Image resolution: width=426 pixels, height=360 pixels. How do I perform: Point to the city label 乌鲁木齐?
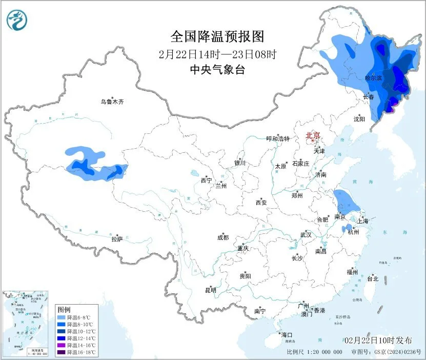[x=112, y=102]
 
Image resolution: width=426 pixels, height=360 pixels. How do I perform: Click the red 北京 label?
[x=313, y=135]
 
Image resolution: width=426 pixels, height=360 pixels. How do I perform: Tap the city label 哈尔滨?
[x=373, y=78]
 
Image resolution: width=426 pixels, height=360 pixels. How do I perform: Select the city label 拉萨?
[x=117, y=239]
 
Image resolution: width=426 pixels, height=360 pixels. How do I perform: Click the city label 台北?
[x=372, y=279]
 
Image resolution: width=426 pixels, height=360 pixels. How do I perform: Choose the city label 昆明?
[x=211, y=290]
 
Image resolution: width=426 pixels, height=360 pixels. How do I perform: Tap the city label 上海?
[x=363, y=221]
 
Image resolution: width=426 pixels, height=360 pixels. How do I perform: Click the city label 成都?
[x=223, y=237]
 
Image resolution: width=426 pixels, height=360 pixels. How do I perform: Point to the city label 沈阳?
[x=359, y=119]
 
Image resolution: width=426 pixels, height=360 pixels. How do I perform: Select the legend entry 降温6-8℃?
[x=76, y=317]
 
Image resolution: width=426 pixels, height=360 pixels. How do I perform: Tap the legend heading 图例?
[x=64, y=310]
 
